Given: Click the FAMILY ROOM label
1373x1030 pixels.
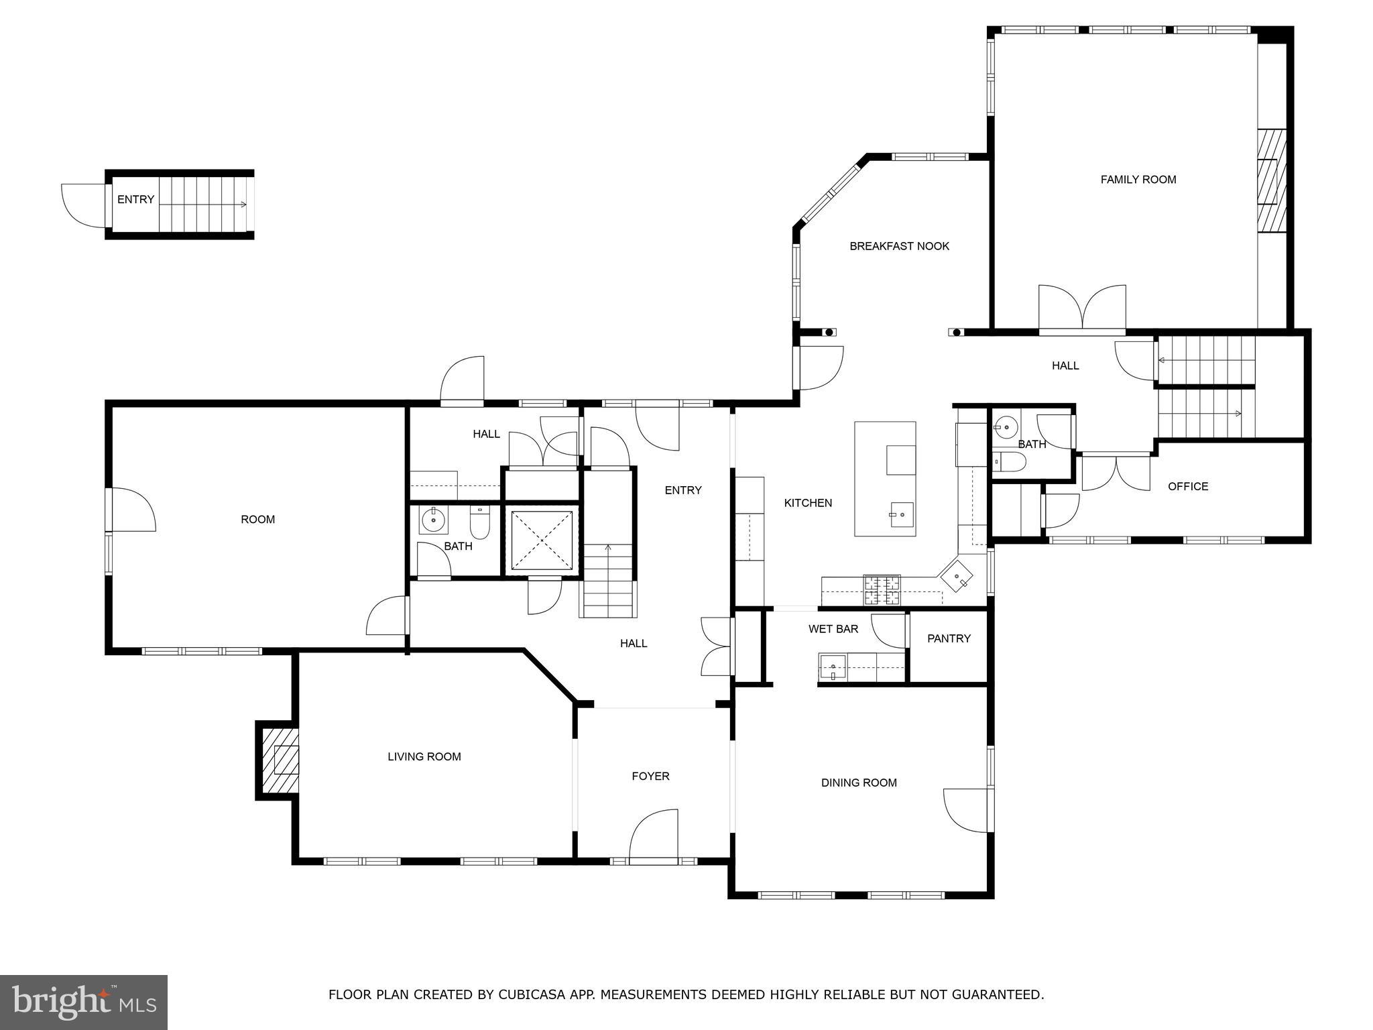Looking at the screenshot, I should point(1138,180).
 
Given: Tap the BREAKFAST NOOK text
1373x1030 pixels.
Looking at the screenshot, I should point(899,246).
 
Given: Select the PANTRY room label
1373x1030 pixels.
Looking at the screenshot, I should point(949,638).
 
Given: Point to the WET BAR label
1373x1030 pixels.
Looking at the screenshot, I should point(833,629).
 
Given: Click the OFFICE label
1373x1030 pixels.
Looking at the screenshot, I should point(1187,487).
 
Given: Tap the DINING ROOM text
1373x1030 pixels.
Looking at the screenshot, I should point(859,783).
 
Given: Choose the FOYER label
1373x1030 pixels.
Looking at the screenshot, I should point(650,776).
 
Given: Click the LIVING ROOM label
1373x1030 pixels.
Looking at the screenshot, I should point(424,756).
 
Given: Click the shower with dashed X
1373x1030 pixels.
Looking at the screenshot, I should point(542,540).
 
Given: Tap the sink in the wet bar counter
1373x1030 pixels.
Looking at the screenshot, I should point(833,667).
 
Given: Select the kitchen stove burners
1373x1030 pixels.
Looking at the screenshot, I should point(882,590).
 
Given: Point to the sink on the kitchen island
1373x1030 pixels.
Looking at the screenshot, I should point(902,515).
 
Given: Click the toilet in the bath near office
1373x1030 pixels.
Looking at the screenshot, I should point(1009,461).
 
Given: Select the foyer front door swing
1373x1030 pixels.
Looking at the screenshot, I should point(654,835).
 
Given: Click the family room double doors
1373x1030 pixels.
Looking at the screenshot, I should point(1082,310).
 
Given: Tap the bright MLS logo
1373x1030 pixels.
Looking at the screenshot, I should point(84,1002).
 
